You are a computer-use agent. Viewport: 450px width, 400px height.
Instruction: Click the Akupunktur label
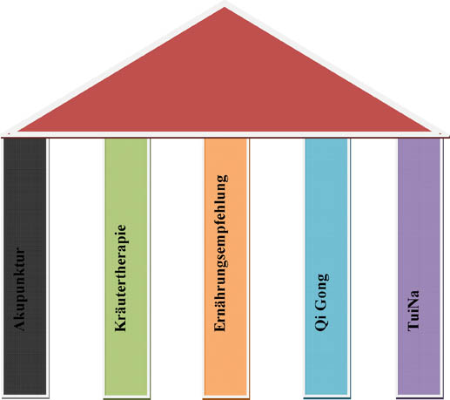pyautogui.click(x=20, y=289)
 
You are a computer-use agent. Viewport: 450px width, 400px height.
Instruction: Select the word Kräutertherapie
pyautogui.click(x=121, y=278)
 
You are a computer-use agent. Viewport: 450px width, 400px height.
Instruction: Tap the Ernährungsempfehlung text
pyautogui.click(x=221, y=253)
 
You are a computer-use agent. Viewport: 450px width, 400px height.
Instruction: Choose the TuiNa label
pyautogui.click(x=413, y=310)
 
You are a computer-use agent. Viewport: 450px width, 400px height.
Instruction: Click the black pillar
pyautogui.click(x=25, y=267)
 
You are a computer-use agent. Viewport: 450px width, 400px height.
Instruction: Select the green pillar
pyautogui.click(x=126, y=267)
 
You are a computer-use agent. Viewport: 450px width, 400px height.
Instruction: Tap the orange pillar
pyautogui.click(x=225, y=267)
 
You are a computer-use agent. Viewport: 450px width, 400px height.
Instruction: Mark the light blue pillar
pyautogui.click(x=326, y=267)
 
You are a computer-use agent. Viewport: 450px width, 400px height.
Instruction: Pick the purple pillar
pyautogui.click(x=419, y=267)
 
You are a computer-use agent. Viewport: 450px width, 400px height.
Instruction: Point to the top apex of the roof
pyautogui.click(x=225, y=8)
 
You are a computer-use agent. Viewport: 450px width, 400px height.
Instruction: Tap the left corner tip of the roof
pyautogui.click(x=18, y=132)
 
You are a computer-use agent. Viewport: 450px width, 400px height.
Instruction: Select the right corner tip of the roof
pyautogui.click(x=431, y=132)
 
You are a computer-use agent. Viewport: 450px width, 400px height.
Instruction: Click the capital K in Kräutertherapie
pyautogui.click(x=121, y=326)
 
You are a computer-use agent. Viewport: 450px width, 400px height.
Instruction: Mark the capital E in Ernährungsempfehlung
pyautogui.click(x=219, y=327)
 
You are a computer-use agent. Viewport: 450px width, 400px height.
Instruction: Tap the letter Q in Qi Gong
pyautogui.click(x=321, y=325)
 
